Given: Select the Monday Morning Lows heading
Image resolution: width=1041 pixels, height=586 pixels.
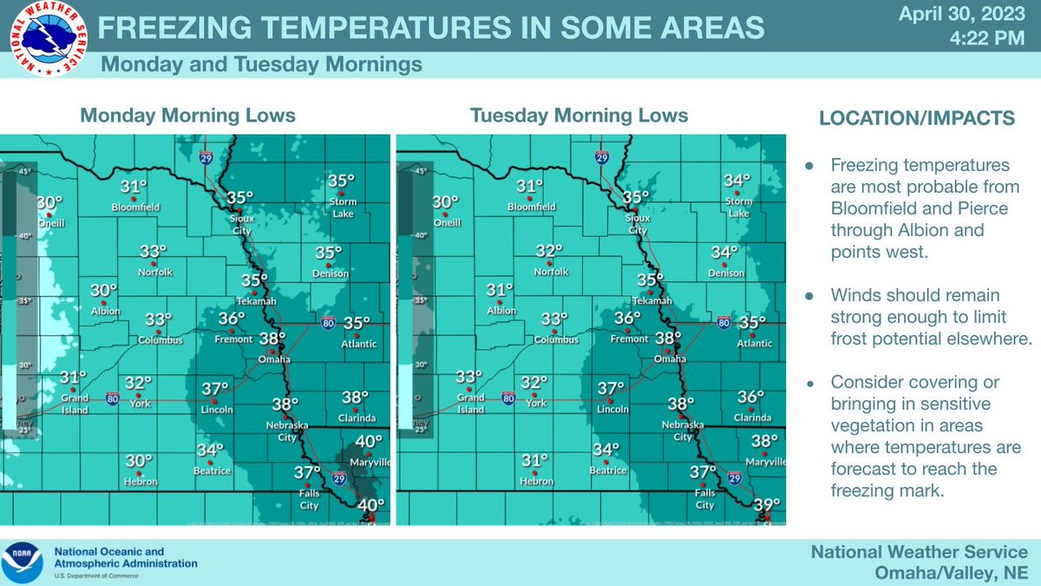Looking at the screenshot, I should [187, 115].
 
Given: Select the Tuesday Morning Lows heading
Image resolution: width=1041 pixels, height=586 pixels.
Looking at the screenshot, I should [579, 115].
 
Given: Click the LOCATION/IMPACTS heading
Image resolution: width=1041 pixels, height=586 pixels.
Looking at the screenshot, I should [917, 119].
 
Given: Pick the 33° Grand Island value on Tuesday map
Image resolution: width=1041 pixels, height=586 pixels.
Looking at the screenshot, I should [468, 378].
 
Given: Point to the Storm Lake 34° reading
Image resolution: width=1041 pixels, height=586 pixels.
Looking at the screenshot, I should [737, 181].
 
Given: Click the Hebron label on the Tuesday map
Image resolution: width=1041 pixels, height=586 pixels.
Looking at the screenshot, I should [536, 482].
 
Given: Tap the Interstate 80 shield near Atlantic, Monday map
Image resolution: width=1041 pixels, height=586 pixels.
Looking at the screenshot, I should [328, 322].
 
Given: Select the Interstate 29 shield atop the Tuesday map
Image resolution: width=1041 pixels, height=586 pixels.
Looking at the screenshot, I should [601, 156].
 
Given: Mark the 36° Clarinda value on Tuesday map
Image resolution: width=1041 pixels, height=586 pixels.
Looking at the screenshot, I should [750, 397].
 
